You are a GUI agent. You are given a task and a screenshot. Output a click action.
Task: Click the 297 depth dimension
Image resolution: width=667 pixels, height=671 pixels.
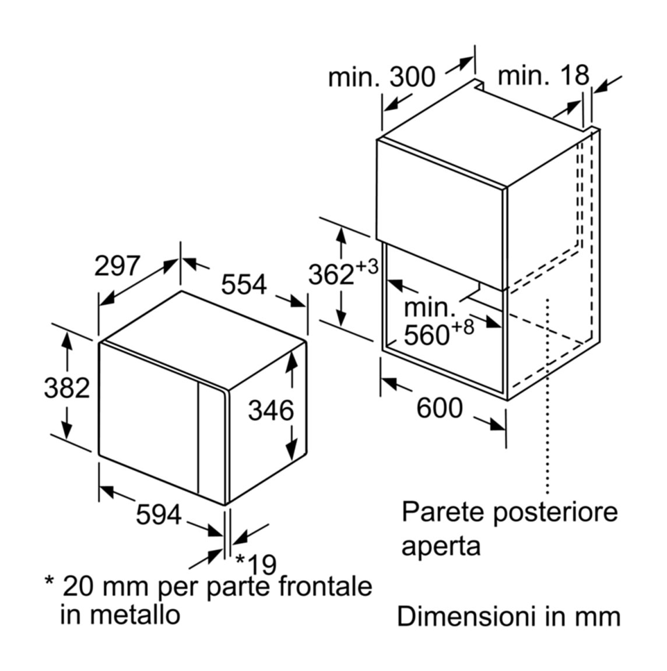click(117, 265)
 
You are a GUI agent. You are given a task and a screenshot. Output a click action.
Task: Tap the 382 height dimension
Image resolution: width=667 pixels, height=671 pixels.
click(67, 389)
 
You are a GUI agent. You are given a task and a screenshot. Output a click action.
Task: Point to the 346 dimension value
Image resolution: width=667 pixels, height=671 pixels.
click(271, 410)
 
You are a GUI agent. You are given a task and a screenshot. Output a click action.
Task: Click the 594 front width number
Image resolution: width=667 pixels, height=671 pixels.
click(159, 515)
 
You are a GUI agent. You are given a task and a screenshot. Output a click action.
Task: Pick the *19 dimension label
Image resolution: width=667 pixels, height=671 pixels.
click(256, 564)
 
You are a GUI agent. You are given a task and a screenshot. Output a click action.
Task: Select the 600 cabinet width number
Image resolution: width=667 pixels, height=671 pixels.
click(440, 407)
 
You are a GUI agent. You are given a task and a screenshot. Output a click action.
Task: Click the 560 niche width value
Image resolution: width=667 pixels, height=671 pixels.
click(426, 335)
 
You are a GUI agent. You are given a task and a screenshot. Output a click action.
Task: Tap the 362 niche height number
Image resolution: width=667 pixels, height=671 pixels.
click(331, 274)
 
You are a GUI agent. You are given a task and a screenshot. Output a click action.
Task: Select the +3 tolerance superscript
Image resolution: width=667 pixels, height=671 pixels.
click(367, 267)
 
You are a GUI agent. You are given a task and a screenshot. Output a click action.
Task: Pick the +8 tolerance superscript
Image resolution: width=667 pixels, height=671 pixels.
click(462, 327)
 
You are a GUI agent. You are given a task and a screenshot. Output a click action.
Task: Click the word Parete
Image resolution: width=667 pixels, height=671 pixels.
click(445, 512)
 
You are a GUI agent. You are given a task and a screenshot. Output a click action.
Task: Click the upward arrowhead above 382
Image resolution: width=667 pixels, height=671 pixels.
click(67, 341)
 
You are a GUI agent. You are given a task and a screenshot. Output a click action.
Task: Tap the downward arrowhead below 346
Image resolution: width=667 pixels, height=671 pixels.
click(292, 449)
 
